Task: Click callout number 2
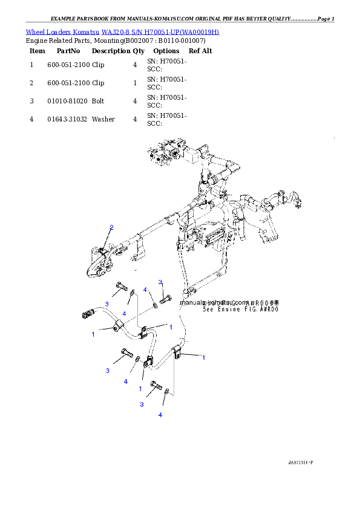pos(111,228)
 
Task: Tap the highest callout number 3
pos(161,282)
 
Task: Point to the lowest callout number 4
pos(160,415)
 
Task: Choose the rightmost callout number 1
pos(203,358)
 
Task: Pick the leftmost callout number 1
pos(93,334)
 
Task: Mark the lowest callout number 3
pos(142,404)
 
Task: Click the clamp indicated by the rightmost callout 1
pos(177,352)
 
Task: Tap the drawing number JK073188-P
pos(300,462)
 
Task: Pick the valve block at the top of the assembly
pos(169,155)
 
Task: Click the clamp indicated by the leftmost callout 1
pos(117,329)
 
